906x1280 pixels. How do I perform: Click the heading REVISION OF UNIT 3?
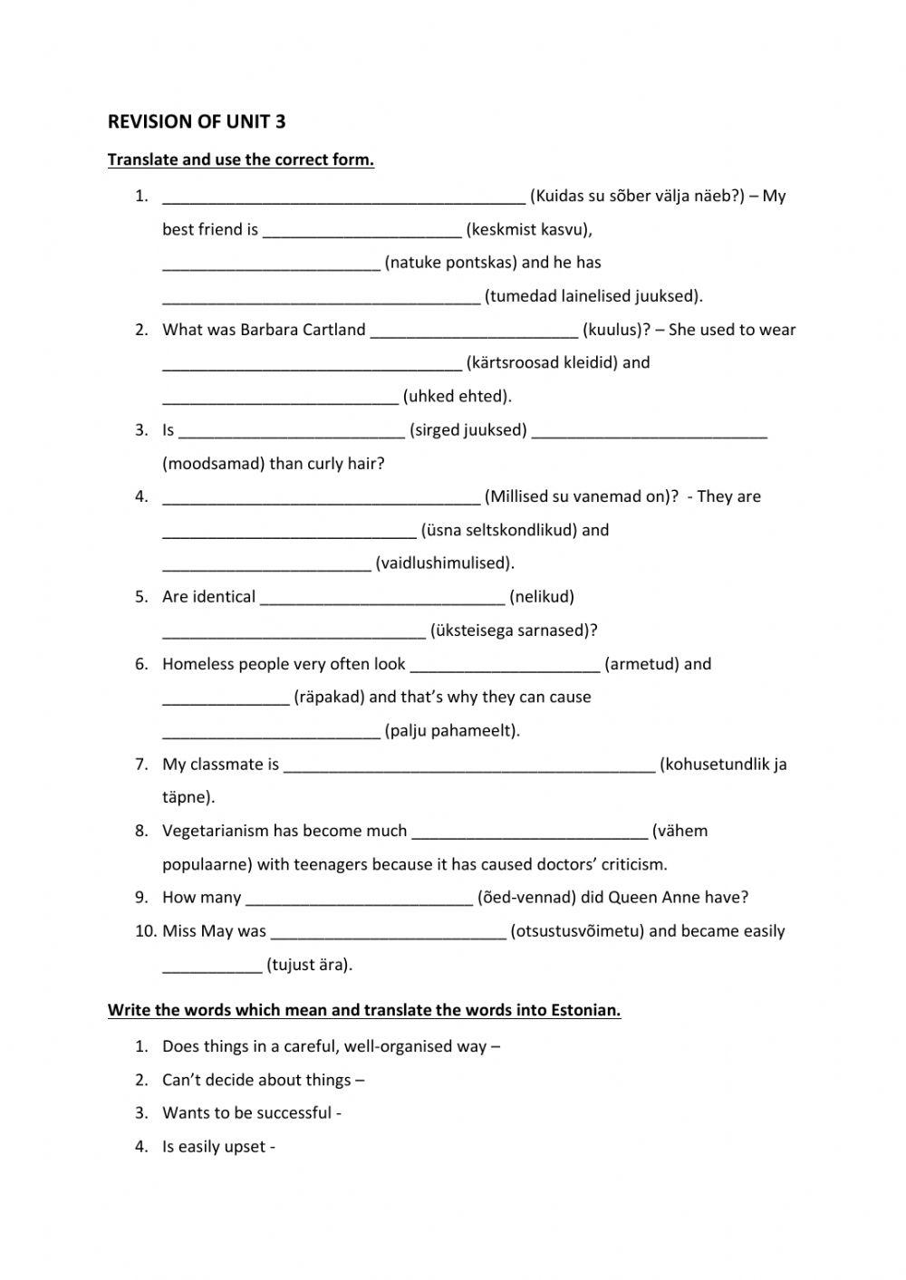tap(197, 121)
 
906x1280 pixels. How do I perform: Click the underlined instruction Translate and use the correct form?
tap(240, 160)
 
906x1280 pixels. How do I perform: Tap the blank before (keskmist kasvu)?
tap(362, 231)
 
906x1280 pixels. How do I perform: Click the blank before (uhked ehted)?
tap(280, 397)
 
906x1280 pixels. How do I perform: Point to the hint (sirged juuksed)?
tap(468, 430)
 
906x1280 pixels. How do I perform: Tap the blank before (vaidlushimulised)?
tap(267, 564)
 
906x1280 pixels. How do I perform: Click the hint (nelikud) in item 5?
tap(542, 597)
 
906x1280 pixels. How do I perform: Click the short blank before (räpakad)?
tap(226, 698)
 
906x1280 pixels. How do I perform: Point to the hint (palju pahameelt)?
tap(452, 731)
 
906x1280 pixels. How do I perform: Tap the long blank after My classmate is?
tap(468, 765)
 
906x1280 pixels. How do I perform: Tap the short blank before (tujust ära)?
tap(212, 966)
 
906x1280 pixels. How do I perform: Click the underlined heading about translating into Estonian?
tap(364, 1010)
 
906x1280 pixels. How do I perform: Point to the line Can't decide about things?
tap(263, 1080)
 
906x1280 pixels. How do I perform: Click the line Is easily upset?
tap(218, 1147)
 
